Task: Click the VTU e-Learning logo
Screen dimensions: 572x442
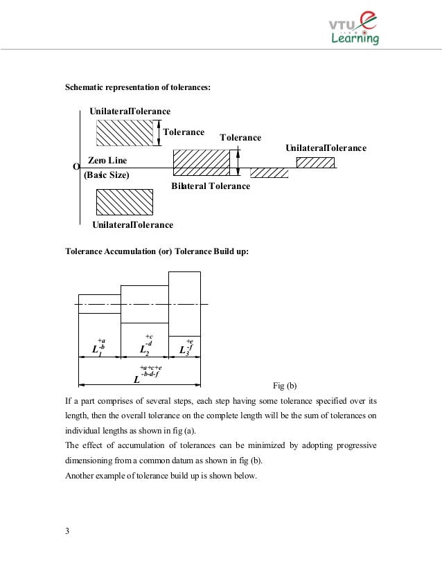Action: (353, 30)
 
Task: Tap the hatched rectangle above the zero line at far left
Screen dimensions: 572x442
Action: (125, 132)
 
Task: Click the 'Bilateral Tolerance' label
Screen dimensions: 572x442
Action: (210, 186)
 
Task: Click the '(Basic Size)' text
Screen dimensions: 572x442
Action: (107, 175)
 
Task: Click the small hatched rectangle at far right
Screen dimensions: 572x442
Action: (315, 163)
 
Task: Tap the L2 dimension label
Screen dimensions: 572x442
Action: (145, 349)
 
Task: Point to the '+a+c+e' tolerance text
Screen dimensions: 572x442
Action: (150, 367)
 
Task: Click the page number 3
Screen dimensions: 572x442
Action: (67, 531)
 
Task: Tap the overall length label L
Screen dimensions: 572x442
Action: (136, 380)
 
